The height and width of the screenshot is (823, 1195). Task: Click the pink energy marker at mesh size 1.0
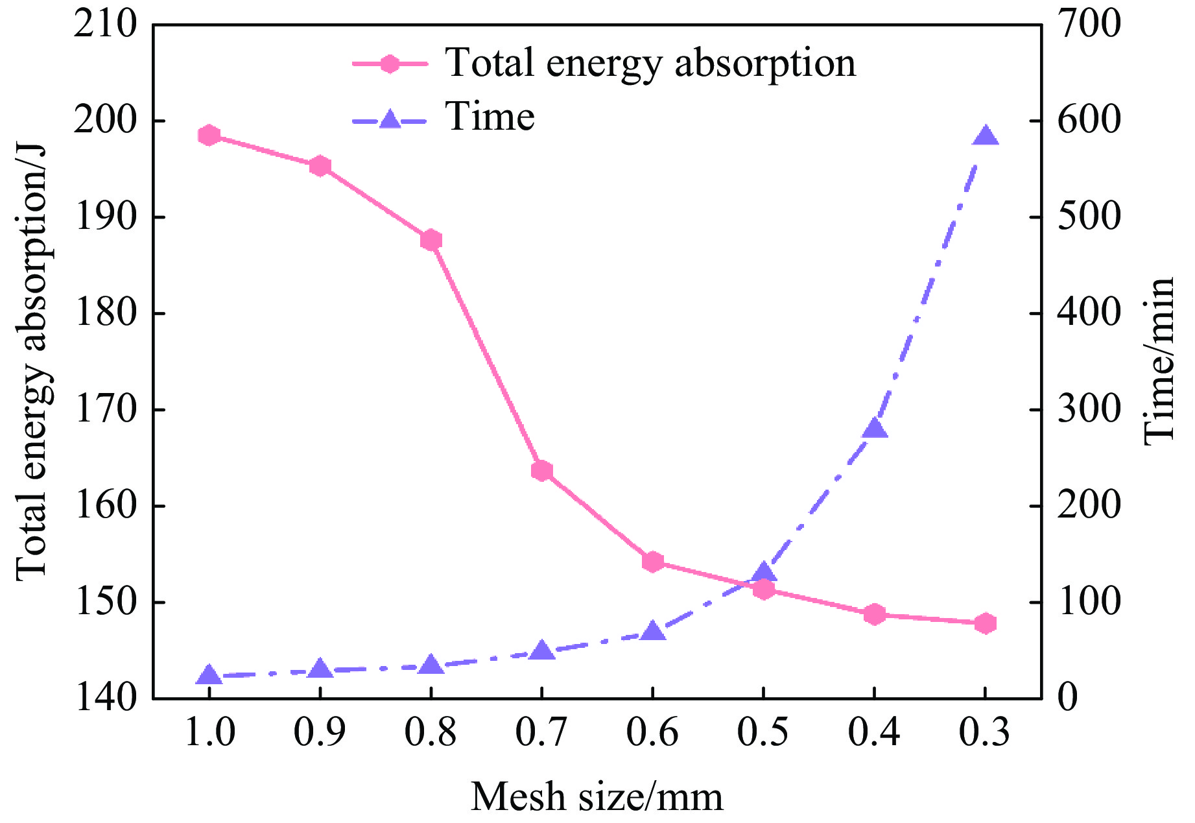(x=209, y=136)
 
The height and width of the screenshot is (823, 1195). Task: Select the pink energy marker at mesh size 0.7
(x=542, y=471)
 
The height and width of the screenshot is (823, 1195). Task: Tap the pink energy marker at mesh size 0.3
(x=985, y=623)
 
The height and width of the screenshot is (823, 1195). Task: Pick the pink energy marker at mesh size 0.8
(x=431, y=241)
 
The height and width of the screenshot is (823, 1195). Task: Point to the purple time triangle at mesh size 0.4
(x=874, y=429)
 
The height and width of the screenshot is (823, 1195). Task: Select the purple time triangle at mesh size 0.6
(x=653, y=631)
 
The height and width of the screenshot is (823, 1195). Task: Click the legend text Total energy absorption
(x=650, y=63)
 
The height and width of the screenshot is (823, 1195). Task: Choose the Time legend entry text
(x=490, y=117)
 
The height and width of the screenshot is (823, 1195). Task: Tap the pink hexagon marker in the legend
(x=390, y=64)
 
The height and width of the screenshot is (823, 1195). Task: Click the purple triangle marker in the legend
(x=390, y=119)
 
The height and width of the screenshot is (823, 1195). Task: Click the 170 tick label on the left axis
(x=106, y=410)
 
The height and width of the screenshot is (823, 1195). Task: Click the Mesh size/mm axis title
(x=597, y=796)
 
